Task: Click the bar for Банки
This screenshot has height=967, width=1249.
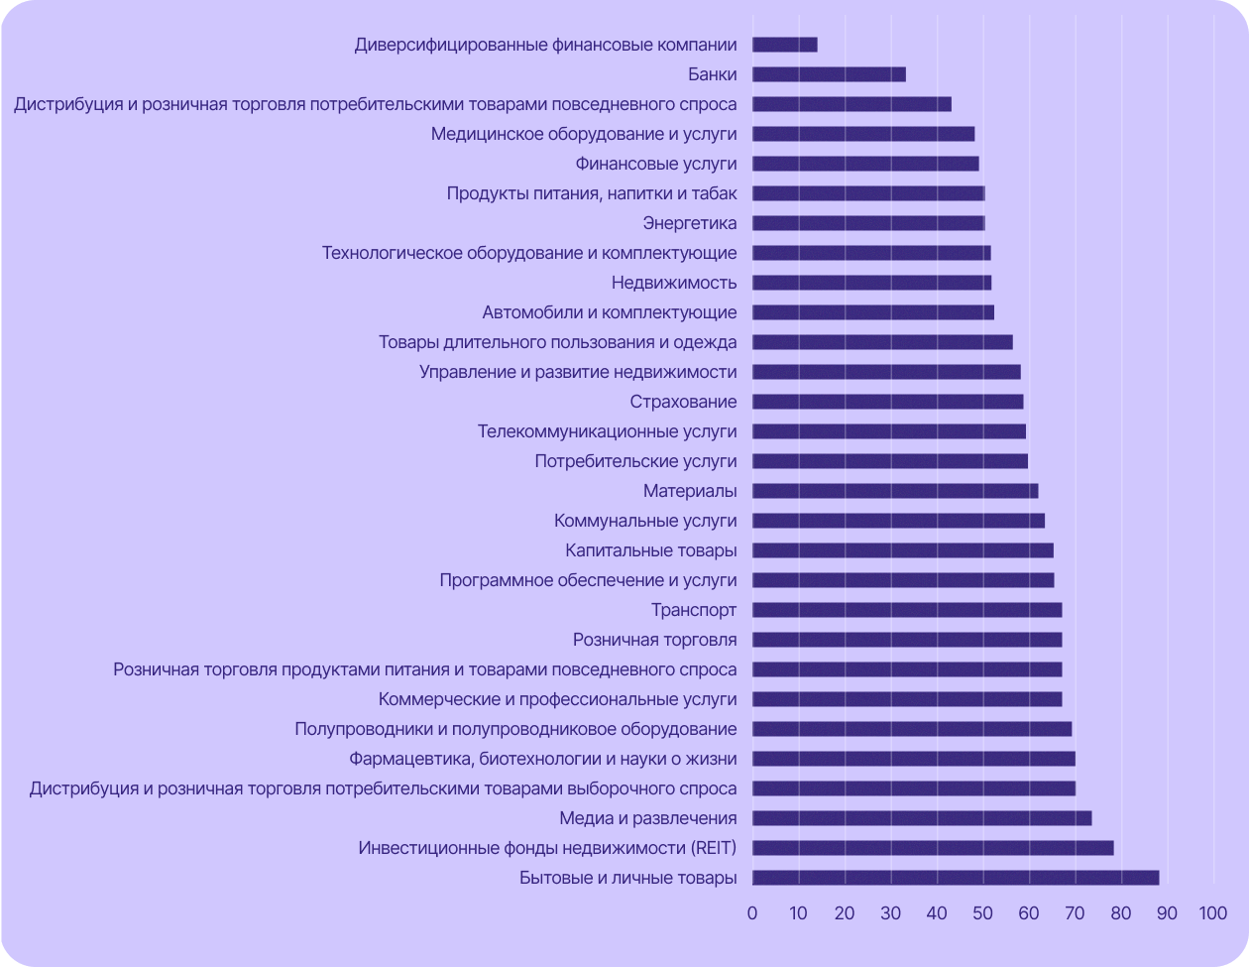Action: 829,74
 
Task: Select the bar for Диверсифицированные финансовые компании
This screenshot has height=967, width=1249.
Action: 784,45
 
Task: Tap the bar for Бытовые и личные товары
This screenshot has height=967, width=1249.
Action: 956,878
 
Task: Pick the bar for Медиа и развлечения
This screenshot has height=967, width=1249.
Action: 922,818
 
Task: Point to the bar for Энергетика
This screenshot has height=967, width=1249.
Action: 868,223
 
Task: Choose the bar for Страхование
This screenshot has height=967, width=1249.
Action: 887,402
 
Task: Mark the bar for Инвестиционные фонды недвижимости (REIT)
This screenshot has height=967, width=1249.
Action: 933,848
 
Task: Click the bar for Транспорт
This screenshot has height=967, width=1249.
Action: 907,610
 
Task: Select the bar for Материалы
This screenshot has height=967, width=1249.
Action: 895,491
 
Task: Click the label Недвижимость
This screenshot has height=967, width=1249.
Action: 674,283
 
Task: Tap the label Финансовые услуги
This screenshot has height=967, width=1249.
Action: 656,164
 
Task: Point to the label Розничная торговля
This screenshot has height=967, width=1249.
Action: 655,640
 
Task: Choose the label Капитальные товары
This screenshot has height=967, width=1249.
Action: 651,550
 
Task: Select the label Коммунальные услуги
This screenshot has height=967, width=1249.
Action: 645,521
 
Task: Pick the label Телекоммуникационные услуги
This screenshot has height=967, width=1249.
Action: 607,431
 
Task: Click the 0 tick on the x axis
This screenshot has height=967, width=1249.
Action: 752,913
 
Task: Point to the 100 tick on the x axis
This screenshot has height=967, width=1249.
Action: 1212,913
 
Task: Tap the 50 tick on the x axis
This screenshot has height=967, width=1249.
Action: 982,913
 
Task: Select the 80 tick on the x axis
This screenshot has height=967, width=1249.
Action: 1120,913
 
